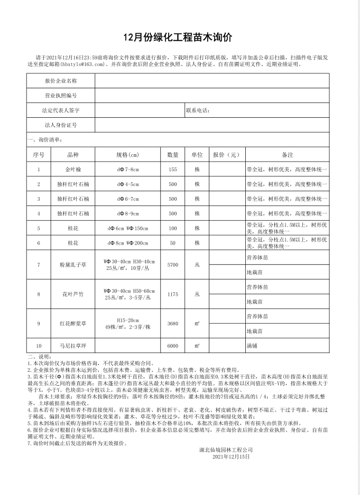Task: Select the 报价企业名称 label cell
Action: pyautogui.click(x=61, y=81)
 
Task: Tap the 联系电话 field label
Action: pyautogui.click(x=198, y=110)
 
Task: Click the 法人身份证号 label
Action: pyautogui.click(x=61, y=125)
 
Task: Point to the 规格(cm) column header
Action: pyautogui.click(x=127, y=155)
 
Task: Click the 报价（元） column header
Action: pyautogui.click(x=226, y=155)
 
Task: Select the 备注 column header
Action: pyautogui.click(x=288, y=155)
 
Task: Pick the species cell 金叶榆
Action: pyautogui.click(x=73, y=170)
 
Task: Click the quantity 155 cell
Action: pyautogui.click(x=173, y=170)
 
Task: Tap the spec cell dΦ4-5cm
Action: pyautogui.click(x=127, y=184)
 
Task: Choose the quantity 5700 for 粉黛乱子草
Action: pyautogui.click(x=173, y=265)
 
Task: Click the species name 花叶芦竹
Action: pyautogui.click(x=73, y=294)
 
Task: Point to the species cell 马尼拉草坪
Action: pyautogui.click(x=73, y=345)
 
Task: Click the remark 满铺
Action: pyautogui.click(x=253, y=345)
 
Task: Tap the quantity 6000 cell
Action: pyautogui.click(x=173, y=345)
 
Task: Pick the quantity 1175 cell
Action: pyautogui.click(x=173, y=294)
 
